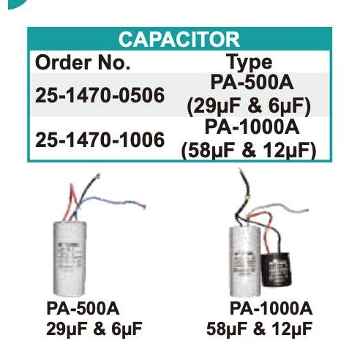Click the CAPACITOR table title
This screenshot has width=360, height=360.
(179, 39)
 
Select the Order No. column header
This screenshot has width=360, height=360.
(82, 62)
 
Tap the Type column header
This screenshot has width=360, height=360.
(249, 62)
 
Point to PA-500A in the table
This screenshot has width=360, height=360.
(249, 83)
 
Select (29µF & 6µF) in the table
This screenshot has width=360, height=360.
(249, 107)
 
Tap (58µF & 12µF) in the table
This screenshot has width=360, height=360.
(249, 150)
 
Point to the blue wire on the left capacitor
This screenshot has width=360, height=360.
(110, 201)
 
